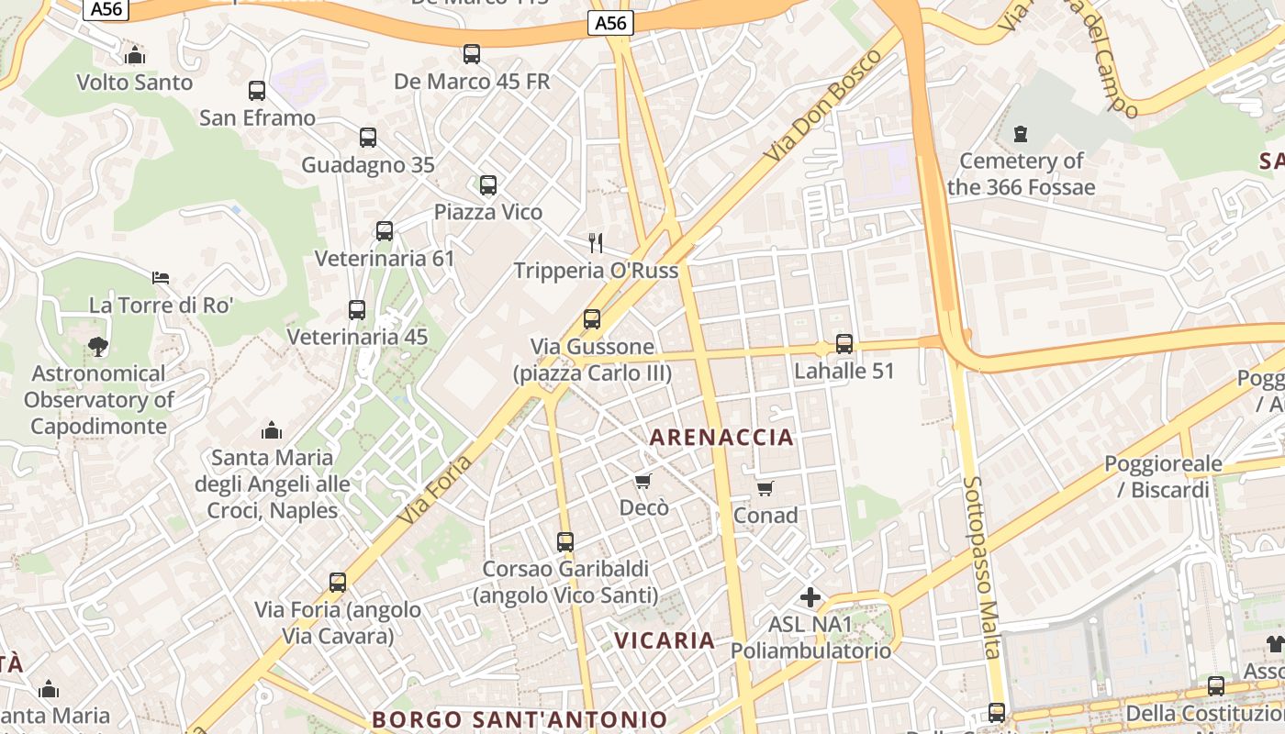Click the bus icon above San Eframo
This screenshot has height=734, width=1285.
(x=257, y=91)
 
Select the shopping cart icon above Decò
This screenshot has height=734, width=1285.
(x=643, y=481)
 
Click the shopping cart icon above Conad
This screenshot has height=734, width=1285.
(x=765, y=488)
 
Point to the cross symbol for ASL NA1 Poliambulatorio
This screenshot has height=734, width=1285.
(x=810, y=598)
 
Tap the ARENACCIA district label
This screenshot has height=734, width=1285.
(x=721, y=437)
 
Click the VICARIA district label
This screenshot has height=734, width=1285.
(x=665, y=640)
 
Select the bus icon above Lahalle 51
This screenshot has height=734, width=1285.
(x=844, y=344)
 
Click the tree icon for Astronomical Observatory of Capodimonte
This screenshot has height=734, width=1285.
(x=98, y=347)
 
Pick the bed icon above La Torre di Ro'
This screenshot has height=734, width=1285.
(x=161, y=277)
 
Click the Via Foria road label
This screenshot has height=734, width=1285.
(x=436, y=490)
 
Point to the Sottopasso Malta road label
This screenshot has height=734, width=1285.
(x=981, y=566)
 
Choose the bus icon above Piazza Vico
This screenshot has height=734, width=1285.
(x=488, y=185)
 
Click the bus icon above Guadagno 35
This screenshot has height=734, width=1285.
(x=368, y=138)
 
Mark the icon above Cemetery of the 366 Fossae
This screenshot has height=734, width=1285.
(x=1021, y=135)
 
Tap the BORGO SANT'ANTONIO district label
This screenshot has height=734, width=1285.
(x=520, y=719)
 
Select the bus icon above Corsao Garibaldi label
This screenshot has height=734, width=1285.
(x=565, y=542)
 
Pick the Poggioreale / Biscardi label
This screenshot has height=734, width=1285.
(x=1163, y=476)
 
